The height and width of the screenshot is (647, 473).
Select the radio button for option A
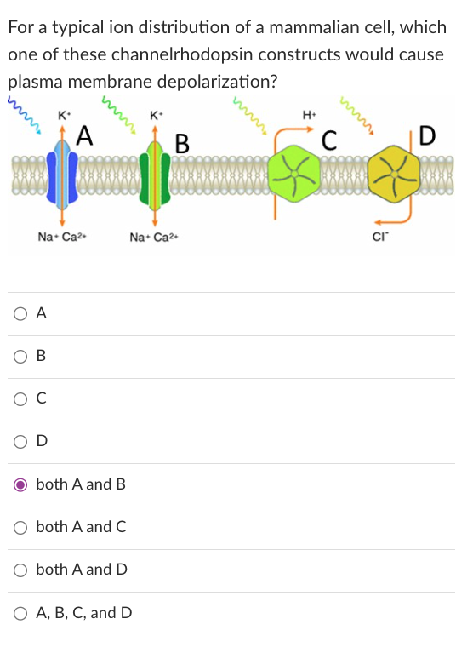[x=20, y=313]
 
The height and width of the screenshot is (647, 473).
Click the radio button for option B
[x=20, y=356]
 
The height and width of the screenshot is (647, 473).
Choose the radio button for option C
[x=20, y=398]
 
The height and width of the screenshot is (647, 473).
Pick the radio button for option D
[x=20, y=441]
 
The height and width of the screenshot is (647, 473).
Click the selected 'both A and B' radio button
[x=20, y=484]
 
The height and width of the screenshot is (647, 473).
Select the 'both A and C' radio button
[x=20, y=527]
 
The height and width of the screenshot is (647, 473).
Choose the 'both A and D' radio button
[x=20, y=570]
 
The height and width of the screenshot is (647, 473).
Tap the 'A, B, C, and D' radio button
[x=20, y=612]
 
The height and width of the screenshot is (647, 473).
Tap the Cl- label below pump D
[x=381, y=238]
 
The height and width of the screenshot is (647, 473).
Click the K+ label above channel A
[x=65, y=115]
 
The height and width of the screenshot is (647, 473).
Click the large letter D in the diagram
[x=427, y=135]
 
